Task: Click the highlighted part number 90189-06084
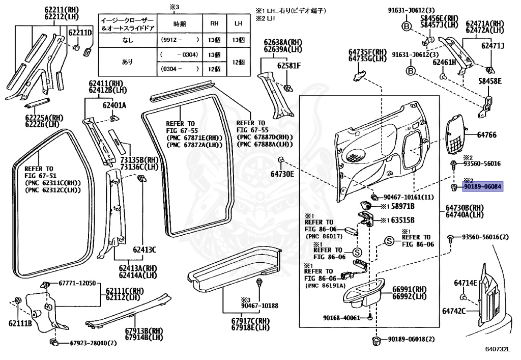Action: click(x=482, y=187)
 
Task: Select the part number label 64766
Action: click(x=487, y=135)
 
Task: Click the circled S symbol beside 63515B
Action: click(x=389, y=241)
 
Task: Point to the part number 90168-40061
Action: click(x=341, y=317)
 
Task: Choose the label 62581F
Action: click(x=288, y=66)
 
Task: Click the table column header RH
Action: click(x=215, y=23)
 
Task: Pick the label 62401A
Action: click(x=114, y=105)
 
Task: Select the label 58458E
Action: click(x=489, y=81)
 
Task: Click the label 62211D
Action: click(x=80, y=33)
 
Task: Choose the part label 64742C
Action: click(x=454, y=310)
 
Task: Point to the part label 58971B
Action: click(x=402, y=206)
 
